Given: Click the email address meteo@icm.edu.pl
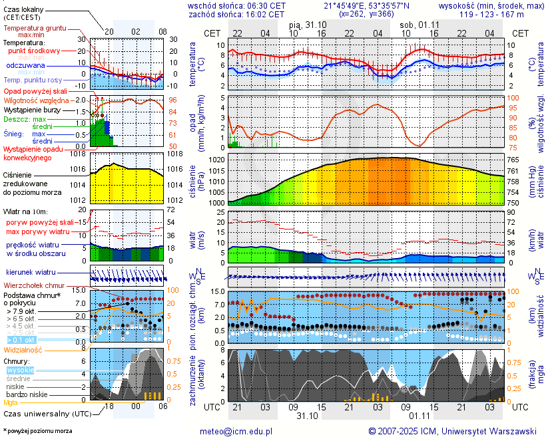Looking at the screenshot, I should pyautogui.click(x=236, y=431).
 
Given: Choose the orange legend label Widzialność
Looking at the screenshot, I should pyautogui.click(x=23, y=349).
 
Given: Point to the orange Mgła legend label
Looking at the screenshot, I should pyautogui.click(x=11, y=402).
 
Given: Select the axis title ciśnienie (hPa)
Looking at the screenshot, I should pyautogui.click(x=195, y=180).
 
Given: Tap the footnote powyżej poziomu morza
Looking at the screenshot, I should pyautogui.click(x=39, y=431).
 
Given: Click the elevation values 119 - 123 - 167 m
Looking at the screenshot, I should pyautogui.click(x=493, y=13).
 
